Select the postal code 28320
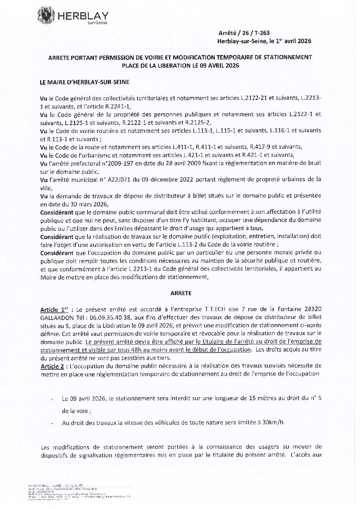(312, 309)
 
